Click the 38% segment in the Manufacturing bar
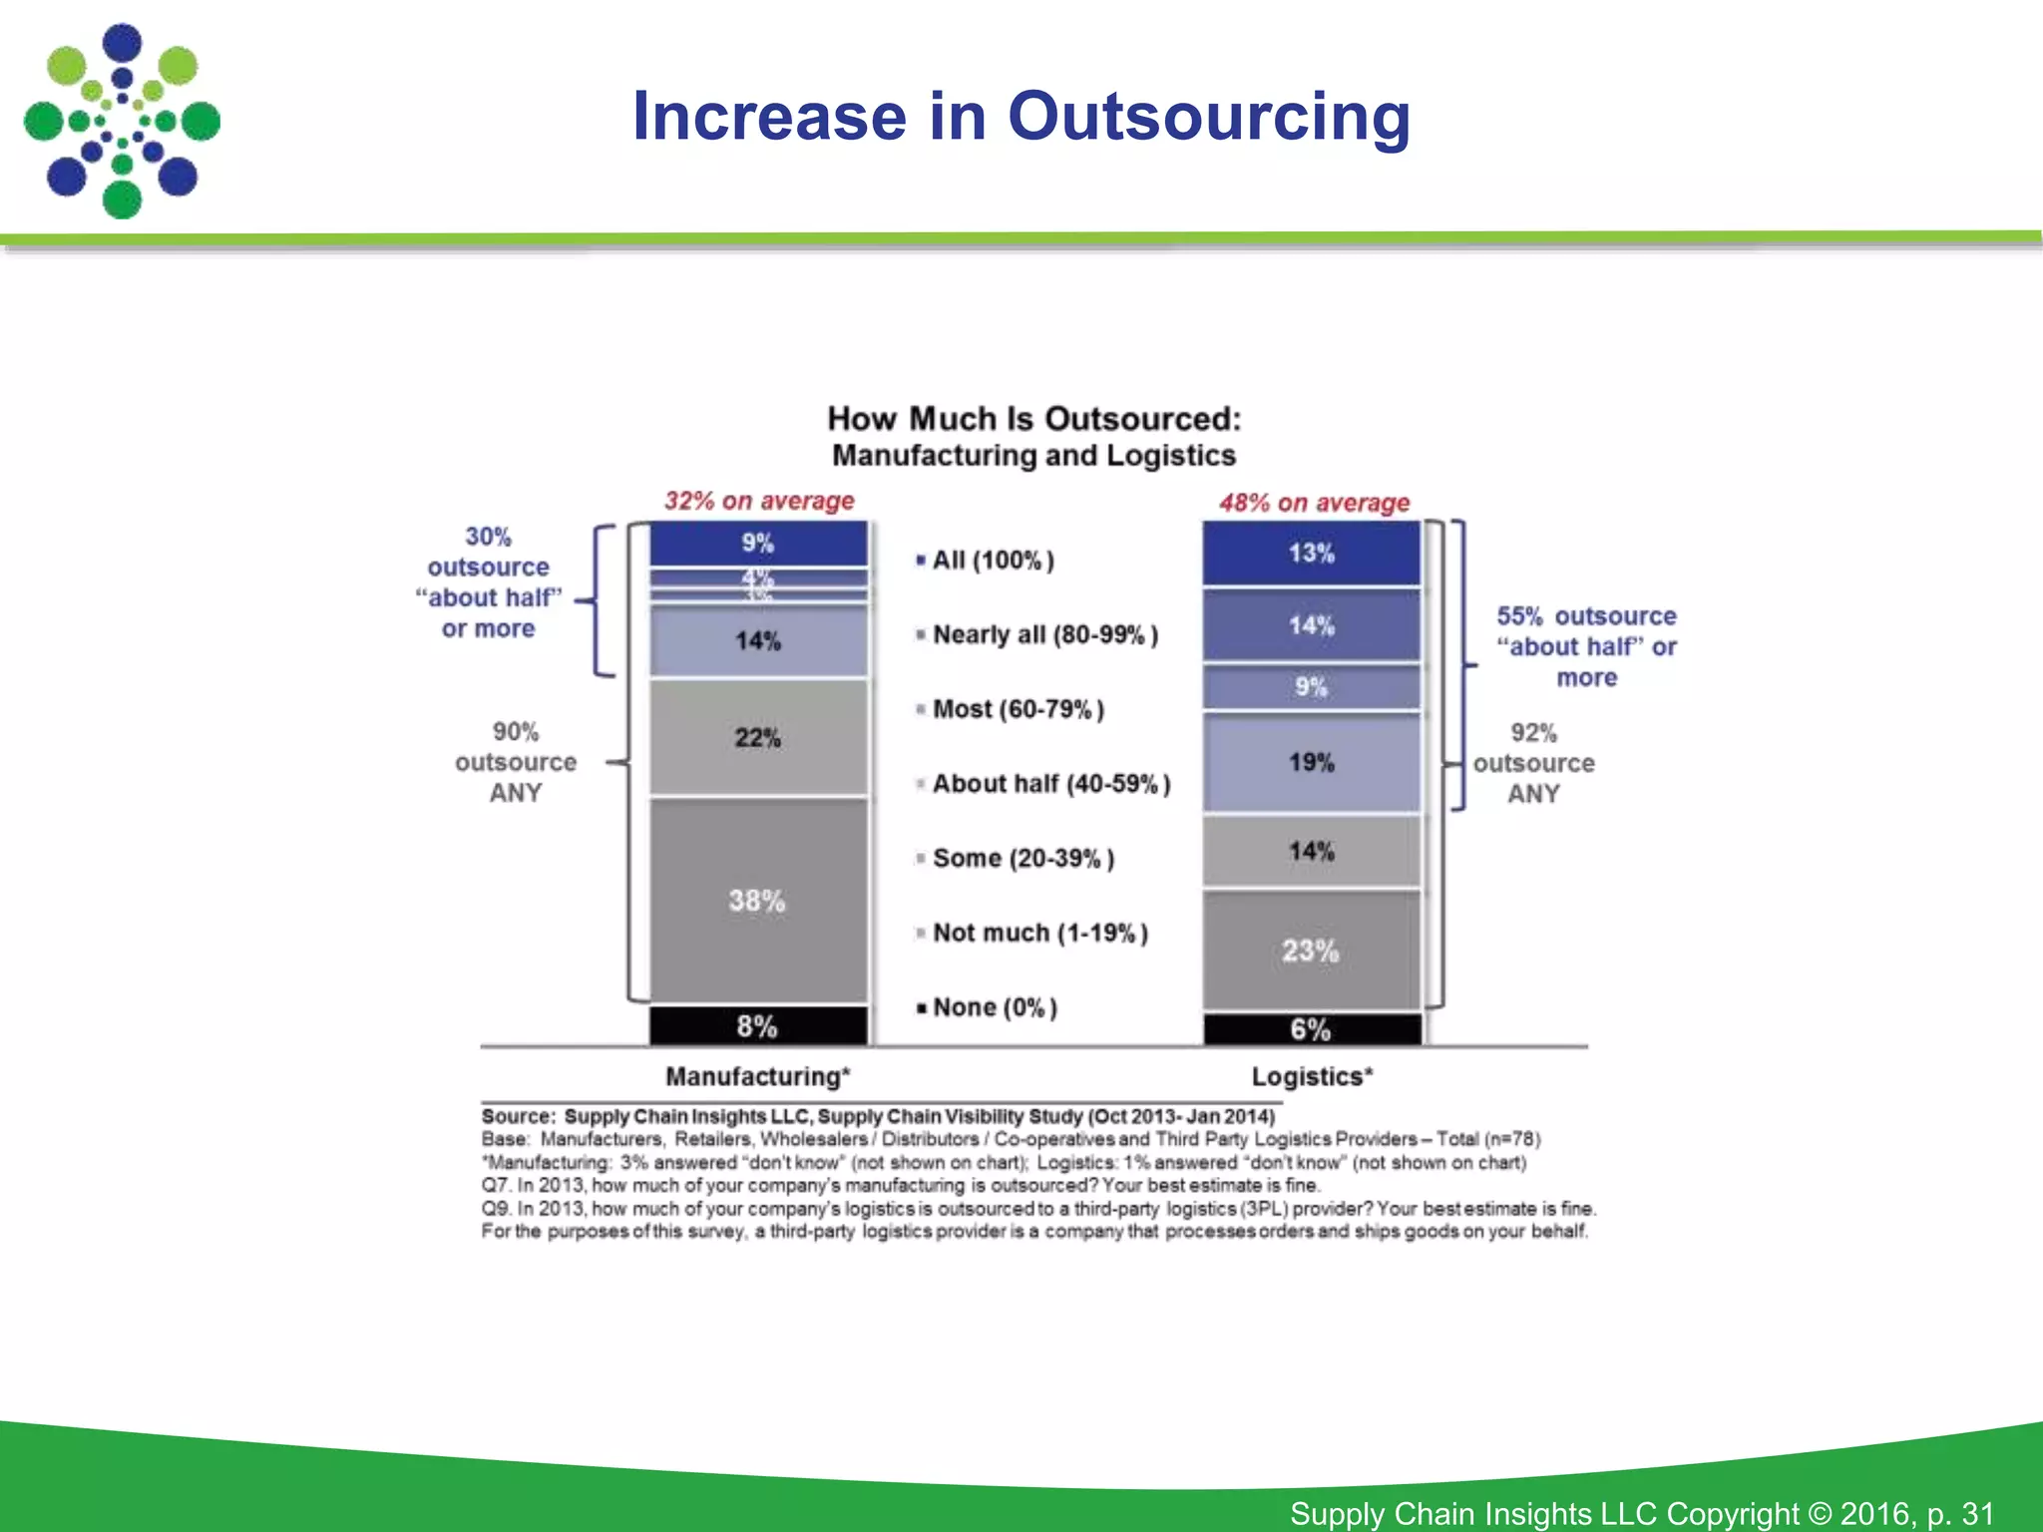[x=758, y=901]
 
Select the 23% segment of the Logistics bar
[x=1311, y=951]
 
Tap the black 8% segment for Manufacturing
[x=758, y=1026]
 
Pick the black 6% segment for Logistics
[x=1311, y=1029]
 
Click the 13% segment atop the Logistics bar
[x=1311, y=554]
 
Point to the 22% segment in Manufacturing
[x=758, y=738]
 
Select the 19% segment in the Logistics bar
[x=1311, y=763]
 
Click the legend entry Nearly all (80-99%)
[x=1043, y=635]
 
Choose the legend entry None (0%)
[x=994, y=1007]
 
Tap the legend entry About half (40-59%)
[x=1049, y=784]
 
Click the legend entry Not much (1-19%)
[x=1039, y=934]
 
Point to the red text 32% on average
[x=759, y=501]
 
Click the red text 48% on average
[x=1314, y=503]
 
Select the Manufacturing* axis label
[x=757, y=1077]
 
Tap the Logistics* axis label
[x=1312, y=1077]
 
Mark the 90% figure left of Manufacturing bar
[x=515, y=732]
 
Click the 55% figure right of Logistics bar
[x=1518, y=616]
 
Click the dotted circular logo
[x=122, y=121]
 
